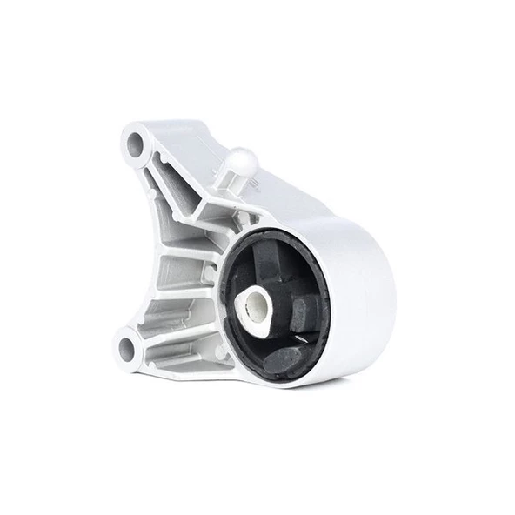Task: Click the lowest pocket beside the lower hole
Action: coord(178,335)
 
